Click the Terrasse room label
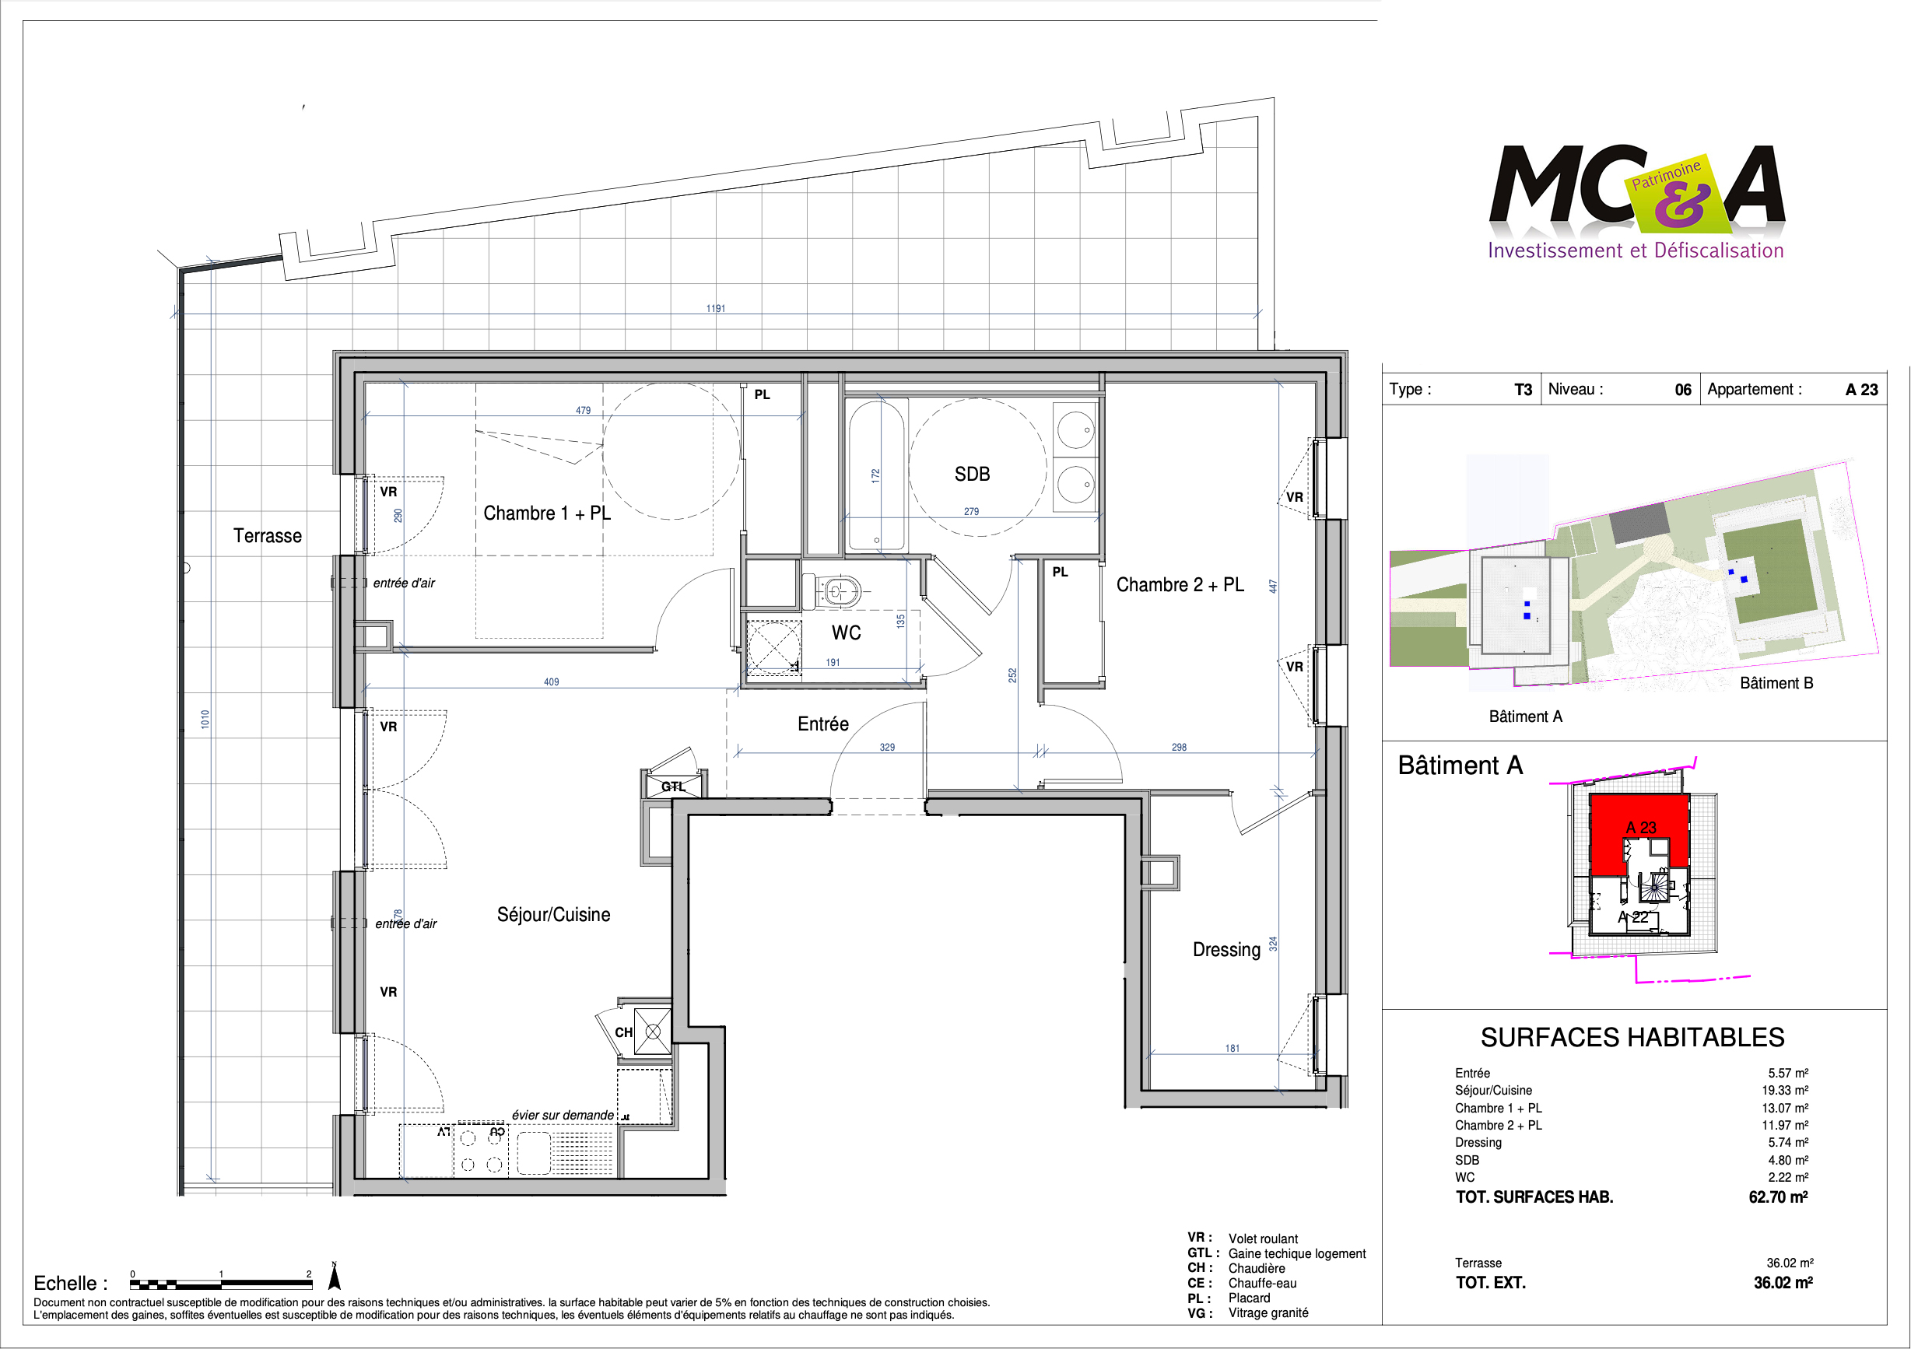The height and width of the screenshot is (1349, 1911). point(267,536)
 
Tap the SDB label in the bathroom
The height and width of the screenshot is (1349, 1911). point(972,475)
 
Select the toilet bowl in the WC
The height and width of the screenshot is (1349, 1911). point(838,590)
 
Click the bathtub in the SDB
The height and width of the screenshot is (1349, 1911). point(876,476)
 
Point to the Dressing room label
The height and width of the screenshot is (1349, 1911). point(1226,950)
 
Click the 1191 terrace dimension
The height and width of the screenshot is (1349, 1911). point(716,308)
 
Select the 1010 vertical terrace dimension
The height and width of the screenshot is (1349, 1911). point(205,720)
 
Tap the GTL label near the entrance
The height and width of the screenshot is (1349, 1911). point(673,787)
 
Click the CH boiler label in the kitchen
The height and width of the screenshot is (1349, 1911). point(623,1032)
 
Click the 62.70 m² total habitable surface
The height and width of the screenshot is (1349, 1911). point(1778,1197)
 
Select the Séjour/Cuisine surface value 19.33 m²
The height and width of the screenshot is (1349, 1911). point(1784,1090)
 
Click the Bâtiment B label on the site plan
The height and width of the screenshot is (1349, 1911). point(1776,683)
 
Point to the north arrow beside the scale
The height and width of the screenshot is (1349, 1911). point(335,1276)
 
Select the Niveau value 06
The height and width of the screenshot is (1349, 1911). point(1682,390)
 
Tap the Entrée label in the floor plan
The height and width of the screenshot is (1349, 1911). point(823,724)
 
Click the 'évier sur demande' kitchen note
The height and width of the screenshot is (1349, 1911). point(563,1115)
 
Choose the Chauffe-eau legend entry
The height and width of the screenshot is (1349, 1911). point(1262,1283)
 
